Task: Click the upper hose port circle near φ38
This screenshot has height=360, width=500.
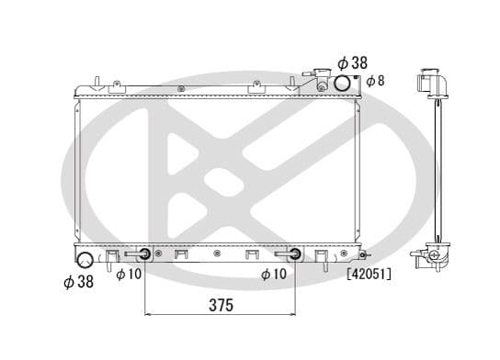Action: pos(341,84)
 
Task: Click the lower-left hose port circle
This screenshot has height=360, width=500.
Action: pos(85,260)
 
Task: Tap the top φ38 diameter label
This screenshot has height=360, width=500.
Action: pos(351,62)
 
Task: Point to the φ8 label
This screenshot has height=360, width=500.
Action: pos(375,81)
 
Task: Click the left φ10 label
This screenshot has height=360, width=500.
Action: pos(128,275)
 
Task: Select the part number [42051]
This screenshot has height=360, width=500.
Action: pos(369,274)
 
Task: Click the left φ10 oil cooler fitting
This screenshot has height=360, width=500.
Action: pos(145,254)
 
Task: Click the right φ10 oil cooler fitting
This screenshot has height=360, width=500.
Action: pos(294,254)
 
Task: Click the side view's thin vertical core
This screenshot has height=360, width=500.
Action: pos(436,170)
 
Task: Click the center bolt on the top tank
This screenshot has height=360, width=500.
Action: pos(181,89)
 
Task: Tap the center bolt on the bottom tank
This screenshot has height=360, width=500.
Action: pos(216,253)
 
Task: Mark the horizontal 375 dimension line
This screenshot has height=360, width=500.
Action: pos(219,316)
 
